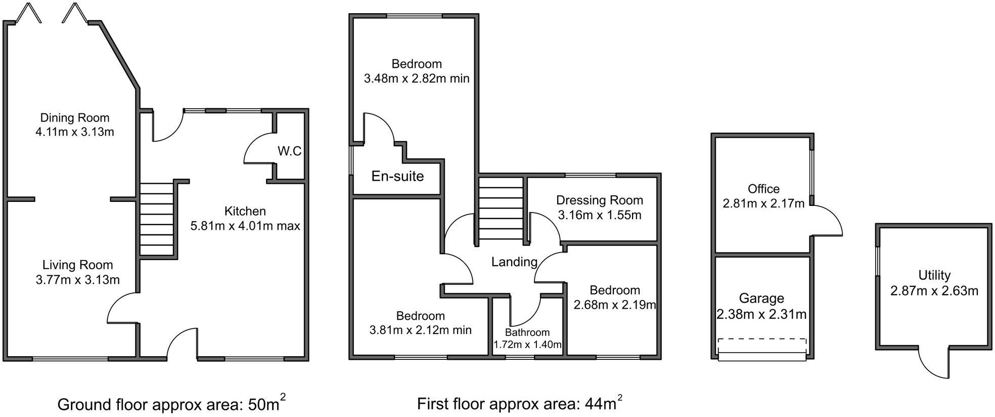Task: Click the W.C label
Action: coord(289,151)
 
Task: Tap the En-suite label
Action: coord(397,176)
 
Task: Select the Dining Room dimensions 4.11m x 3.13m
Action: coord(75,132)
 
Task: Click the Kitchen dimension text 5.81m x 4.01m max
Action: coord(245,226)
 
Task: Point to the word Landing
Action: coord(514,262)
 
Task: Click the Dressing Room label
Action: coord(600,200)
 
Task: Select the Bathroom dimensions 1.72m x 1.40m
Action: coord(527,345)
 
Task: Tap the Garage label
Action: coord(761,298)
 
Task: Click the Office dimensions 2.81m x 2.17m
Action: coord(763,203)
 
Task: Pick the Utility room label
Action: coord(934,275)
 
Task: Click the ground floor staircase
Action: coord(156,219)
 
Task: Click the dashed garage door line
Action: coord(762,340)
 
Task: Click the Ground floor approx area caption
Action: coord(171,404)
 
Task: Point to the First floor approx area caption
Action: coord(519,404)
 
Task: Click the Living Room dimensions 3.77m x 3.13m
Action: coord(78,279)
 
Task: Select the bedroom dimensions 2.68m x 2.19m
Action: coord(615,305)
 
